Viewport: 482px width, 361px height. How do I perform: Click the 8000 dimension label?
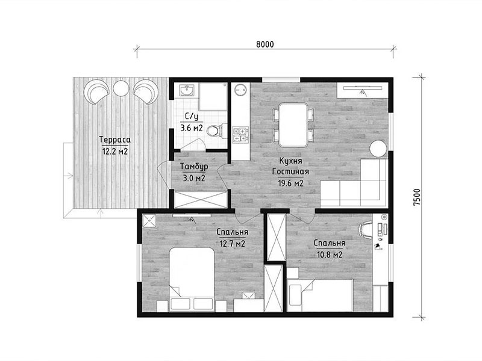[x=265, y=45]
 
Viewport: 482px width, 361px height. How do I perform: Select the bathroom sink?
[x=187, y=91]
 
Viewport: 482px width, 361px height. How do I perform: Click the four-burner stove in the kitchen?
[x=240, y=135]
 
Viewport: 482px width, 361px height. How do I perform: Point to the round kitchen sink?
[x=240, y=90]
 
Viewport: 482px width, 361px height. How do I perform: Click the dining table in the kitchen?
[x=293, y=125]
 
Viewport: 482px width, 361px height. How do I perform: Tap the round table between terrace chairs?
[x=120, y=88]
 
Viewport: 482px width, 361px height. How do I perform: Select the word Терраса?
[x=115, y=140]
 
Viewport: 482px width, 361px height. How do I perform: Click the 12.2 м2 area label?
[x=115, y=152]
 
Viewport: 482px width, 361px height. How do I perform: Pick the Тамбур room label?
[x=194, y=167]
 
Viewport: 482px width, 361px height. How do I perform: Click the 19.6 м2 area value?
[x=291, y=184]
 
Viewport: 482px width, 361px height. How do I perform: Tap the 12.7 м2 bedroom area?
[x=232, y=244]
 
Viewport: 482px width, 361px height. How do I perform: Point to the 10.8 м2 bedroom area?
[x=330, y=255]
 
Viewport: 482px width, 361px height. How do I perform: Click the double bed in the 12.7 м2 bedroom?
[x=192, y=279]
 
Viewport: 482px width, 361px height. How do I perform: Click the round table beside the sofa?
[x=378, y=149]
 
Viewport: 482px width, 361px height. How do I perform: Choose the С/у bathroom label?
[x=192, y=116]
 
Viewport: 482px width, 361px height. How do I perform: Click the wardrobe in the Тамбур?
[x=201, y=200]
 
